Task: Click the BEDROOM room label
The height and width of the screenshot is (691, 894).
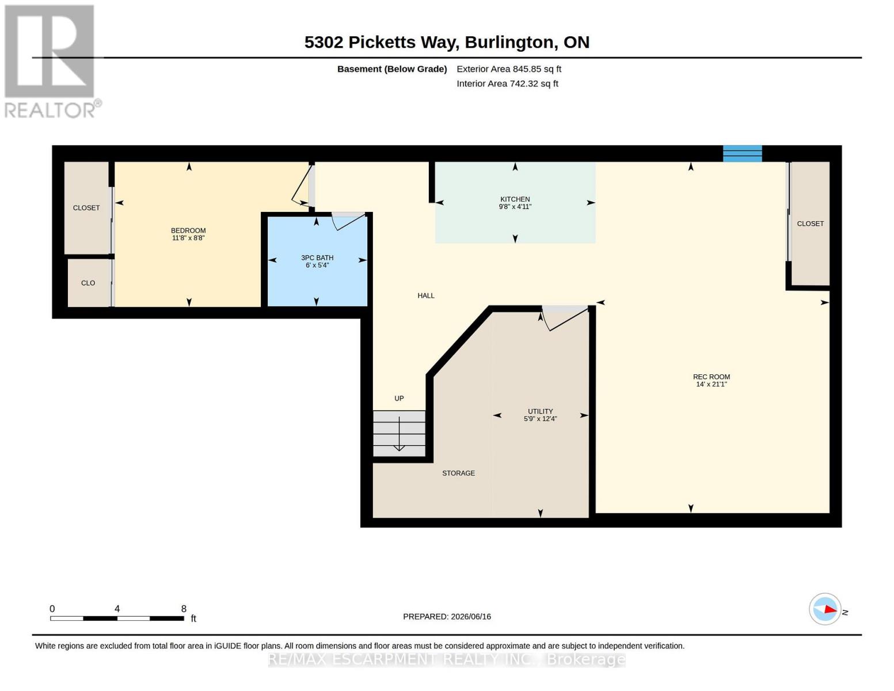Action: tap(188, 230)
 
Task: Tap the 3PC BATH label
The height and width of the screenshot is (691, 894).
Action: tap(317, 257)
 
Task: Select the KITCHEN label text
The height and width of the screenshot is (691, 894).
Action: tap(515, 199)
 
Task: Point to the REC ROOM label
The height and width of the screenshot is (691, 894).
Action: tap(712, 377)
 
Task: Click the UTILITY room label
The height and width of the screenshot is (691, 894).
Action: tap(540, 411)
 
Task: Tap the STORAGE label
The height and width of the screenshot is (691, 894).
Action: tap(458, 473)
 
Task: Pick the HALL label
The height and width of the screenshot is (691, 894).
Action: tap(426, 295)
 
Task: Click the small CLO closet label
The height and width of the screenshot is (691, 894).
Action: tap(88, 283)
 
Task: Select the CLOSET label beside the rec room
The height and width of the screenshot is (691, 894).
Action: tap(810, 223)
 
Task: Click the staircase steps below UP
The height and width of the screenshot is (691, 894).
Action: tap(399, 434)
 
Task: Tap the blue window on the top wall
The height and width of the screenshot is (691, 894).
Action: tap(743, 154)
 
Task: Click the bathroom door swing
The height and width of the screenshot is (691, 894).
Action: tap(348, 222)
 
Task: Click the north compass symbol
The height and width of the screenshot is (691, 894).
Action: tap(825, 609)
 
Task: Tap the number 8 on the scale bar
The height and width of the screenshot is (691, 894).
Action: tap(184, 609)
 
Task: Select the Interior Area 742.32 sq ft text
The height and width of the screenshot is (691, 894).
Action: tap(507, 83)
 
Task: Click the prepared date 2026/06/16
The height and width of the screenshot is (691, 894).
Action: tap(471, 617)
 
